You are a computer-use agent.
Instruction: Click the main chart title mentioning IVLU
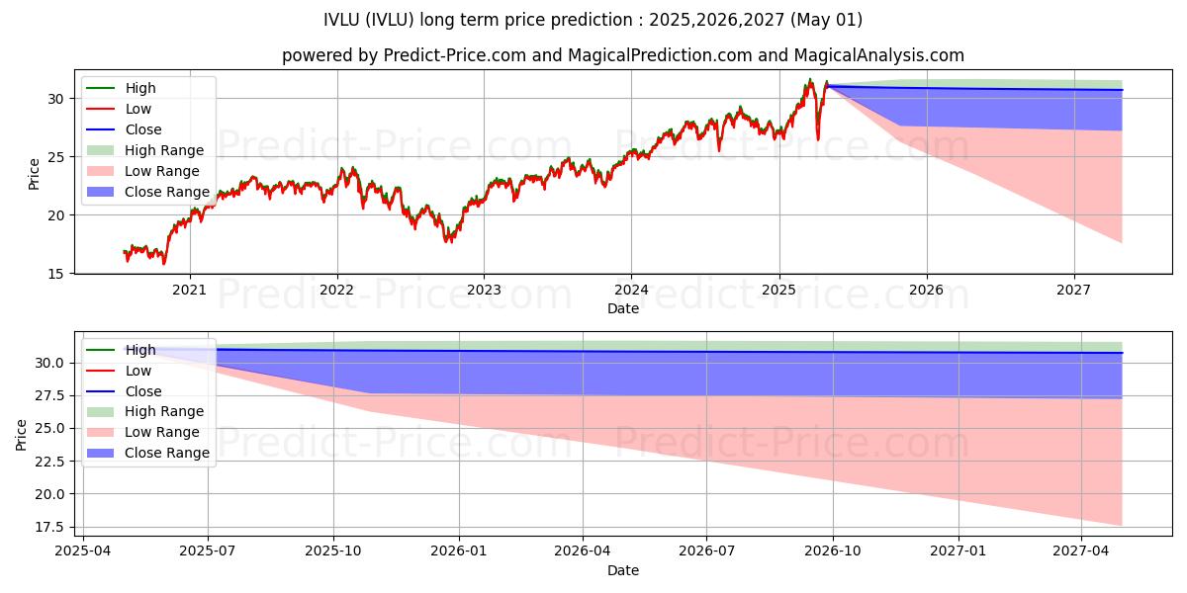593,20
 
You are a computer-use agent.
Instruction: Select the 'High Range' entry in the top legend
164,150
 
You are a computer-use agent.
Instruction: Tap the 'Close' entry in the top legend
143,129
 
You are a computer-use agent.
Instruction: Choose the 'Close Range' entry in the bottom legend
167,453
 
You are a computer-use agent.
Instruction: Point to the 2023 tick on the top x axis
484,290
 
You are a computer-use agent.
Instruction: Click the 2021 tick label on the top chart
189,290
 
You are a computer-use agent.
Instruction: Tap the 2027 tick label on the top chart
1073,290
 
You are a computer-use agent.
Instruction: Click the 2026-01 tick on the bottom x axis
458,551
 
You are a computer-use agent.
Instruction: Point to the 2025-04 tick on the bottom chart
83,551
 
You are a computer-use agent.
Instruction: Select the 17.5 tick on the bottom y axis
51,527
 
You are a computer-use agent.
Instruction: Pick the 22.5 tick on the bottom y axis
51,462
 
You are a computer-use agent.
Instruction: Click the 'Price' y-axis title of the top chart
35,175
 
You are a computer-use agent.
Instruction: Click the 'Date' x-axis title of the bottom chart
623,570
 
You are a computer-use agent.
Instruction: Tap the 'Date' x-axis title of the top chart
623,308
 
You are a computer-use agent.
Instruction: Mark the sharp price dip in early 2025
817,137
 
